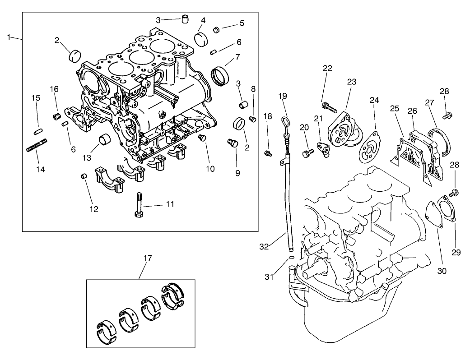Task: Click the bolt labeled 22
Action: (330, 107)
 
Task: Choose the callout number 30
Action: (442, 271)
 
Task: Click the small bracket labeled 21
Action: (323, 149)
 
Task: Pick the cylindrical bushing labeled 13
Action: (105, 139)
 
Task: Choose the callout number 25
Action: (395, 109)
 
